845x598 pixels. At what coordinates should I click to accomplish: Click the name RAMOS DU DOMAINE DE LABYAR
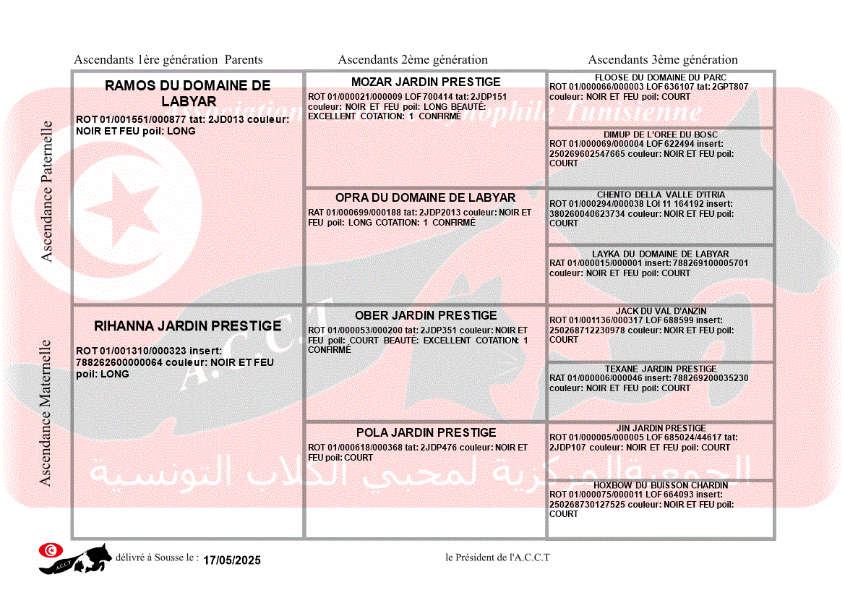(187, 93)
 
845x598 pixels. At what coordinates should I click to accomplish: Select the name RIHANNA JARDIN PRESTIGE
(187, 326)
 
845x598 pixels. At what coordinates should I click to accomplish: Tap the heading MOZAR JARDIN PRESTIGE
(426, 82)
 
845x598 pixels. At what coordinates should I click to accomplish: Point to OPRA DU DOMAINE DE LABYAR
(425, 197)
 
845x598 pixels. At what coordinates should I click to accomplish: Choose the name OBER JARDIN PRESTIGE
(426, 315)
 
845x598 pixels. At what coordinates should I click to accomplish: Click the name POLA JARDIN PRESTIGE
(426, 432)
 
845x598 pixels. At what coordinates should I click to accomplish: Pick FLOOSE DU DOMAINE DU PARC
(661, 77)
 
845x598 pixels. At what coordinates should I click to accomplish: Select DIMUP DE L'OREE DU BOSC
(661, 134)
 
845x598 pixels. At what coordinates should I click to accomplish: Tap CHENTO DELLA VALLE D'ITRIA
(661, 195)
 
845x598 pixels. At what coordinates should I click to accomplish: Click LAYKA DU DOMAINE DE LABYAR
(661, 254)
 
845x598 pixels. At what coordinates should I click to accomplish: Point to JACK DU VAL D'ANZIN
(661, 311)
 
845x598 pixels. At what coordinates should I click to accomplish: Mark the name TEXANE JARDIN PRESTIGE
(661, 369)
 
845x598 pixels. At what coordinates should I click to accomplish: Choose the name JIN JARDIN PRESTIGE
(661, 428)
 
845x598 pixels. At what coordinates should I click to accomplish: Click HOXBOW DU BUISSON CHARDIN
(661, 485)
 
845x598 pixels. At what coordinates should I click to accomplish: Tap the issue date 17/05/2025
(231, 560)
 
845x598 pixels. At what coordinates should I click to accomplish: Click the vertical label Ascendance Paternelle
(47, 191)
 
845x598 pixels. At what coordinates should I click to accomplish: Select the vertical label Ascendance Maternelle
(46, 412)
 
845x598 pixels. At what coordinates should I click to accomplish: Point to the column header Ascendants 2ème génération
(413, 60)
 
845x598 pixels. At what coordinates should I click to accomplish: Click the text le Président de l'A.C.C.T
(498, 558)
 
